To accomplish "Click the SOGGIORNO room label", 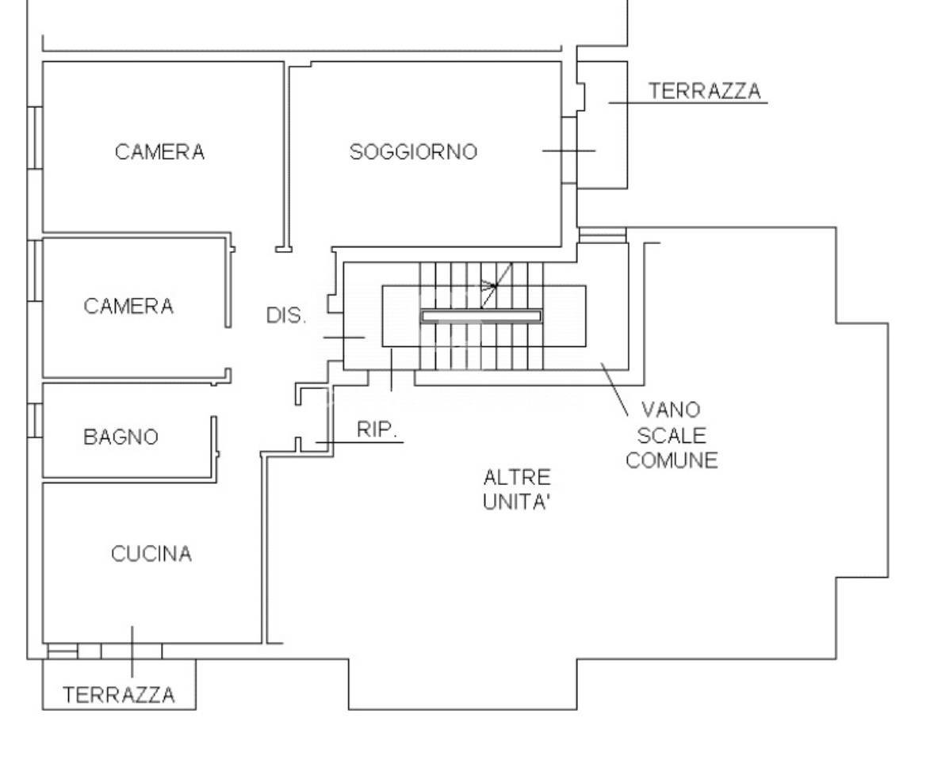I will (413, 151).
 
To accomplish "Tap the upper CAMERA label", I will (159, 151).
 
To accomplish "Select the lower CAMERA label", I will (128, 306).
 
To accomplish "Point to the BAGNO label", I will (121, 437).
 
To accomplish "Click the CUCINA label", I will (151, 554).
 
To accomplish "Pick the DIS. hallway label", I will (286, 315).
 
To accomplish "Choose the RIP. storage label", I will (377, 430).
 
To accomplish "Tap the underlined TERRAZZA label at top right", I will (704, 91).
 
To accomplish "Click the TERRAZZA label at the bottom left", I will (119, 695).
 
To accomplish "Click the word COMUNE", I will (672, 460).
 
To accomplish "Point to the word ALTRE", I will (517, 478).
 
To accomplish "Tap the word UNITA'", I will (517, 503).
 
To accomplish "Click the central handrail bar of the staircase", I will (481, 316).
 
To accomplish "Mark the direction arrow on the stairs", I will (495, 284).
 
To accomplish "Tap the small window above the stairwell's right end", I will (603, 235).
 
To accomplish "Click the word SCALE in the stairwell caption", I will (671, 436).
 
